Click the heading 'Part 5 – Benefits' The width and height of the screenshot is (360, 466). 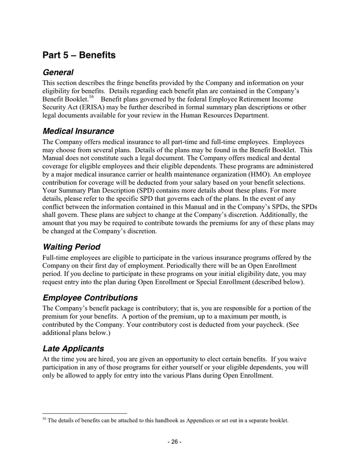point(79,55)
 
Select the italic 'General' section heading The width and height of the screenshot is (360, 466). point(58,72)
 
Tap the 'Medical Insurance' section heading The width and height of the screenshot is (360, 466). point(78,131)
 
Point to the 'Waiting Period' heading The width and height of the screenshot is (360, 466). point(71,247)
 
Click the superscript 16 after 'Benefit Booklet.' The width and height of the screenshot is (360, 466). point(91,97)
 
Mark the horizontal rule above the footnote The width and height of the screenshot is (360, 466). point(84,413)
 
